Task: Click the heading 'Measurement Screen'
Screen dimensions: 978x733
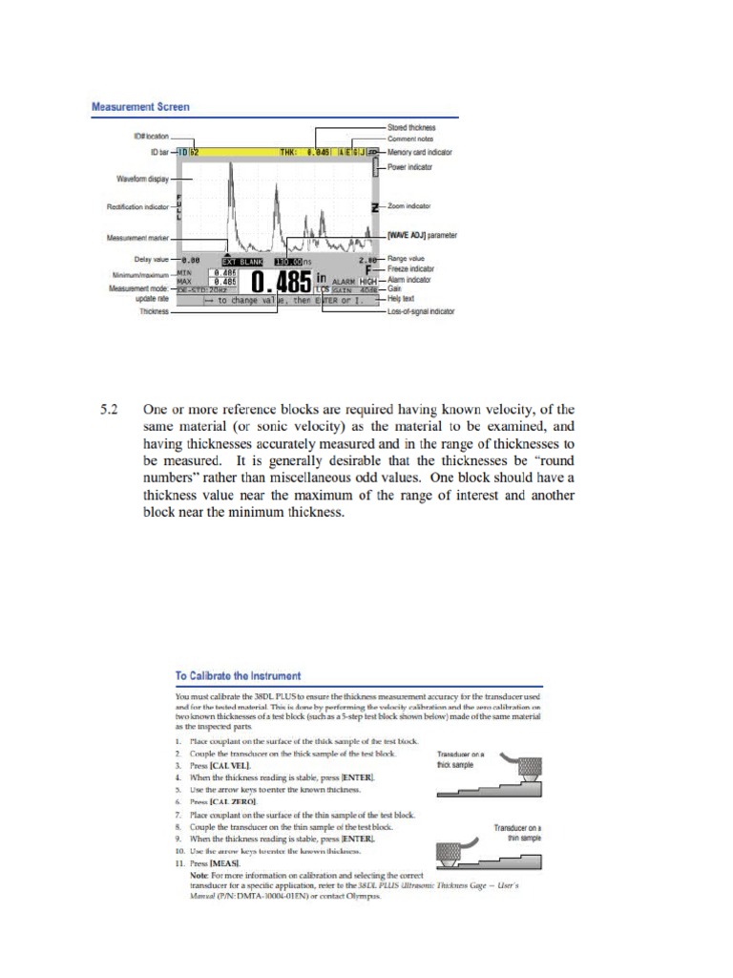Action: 140,108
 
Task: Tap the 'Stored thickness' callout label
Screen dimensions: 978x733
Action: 411,127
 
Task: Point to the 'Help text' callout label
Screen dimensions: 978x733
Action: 405,300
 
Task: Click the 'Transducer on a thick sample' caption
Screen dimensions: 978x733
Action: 461,759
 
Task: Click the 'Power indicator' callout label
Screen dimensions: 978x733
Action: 412,166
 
